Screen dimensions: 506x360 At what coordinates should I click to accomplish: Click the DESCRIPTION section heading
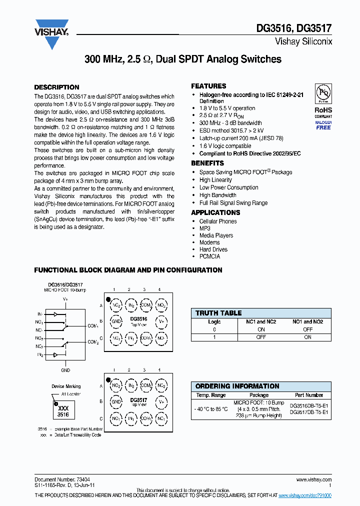coord(56,87)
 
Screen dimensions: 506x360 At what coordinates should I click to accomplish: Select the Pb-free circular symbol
coord(323,94)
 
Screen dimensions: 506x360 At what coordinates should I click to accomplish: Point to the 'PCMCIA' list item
coord(209,256)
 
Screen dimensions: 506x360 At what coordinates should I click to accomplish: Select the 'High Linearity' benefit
coord(215,180)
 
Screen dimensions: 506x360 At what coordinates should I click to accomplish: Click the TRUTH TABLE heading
coord(218,313)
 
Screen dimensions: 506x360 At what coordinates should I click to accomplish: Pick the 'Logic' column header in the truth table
coord(214,322)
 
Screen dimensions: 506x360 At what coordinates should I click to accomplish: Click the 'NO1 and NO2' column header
coord(307,322)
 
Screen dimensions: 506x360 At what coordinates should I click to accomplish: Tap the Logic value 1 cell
coord(214,337)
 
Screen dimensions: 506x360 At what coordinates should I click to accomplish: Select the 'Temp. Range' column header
coord(210,395)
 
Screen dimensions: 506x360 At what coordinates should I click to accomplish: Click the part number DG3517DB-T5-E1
coord(309,412)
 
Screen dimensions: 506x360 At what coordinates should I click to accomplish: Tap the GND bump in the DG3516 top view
coord(116,321)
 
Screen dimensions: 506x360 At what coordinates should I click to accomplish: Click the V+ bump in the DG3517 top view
coord(161,401)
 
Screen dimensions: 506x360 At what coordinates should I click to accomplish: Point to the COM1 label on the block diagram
coord(93,325)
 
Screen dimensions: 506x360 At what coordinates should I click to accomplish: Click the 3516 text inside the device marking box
coord(63,414)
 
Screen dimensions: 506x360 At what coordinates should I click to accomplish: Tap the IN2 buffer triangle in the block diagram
coord(55,354)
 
